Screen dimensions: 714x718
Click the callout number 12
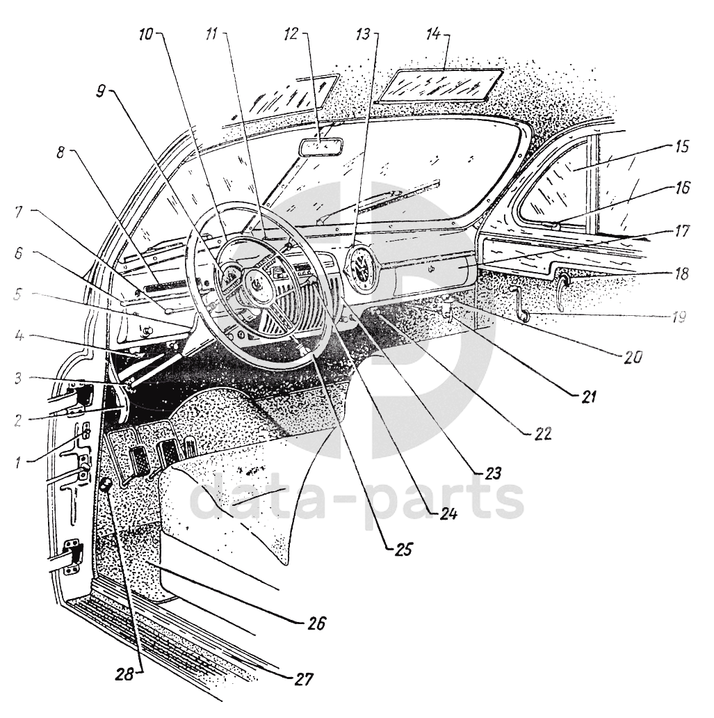click(291, 33)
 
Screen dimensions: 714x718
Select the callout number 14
click(433, 34)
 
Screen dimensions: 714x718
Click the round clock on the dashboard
click(361, 269)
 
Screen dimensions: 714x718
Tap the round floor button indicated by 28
click(105, 484)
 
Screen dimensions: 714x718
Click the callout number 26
click(316, 623)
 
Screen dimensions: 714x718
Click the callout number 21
click(588, 396)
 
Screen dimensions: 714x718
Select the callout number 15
click(681, 147)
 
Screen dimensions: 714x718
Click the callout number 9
click(100, 92)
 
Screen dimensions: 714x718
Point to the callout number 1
click(17, 462)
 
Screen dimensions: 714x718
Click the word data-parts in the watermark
click(357, 500)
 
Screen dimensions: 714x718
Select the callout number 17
click(681, 231)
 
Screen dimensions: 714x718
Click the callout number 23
click(492, 473)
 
